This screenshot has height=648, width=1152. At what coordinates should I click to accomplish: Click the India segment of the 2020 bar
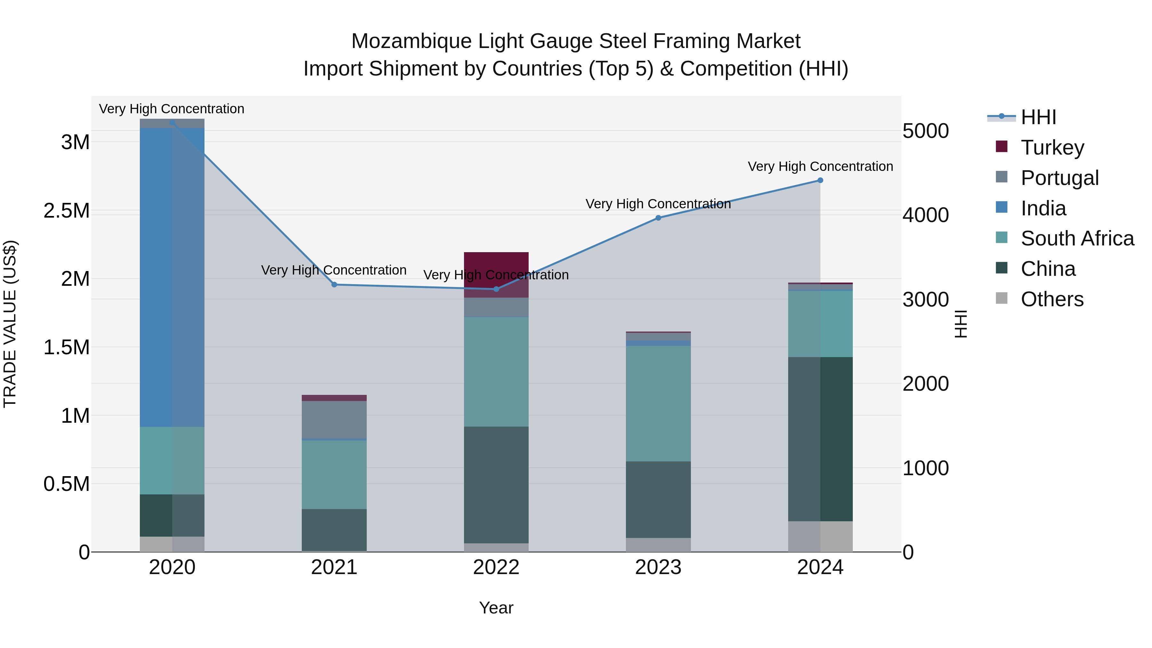point(172,277)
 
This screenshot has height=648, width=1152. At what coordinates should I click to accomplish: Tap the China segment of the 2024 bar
point(820,439)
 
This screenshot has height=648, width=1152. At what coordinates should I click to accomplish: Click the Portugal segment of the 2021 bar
point(334,420)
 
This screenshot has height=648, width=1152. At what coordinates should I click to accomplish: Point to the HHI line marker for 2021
point(334,284)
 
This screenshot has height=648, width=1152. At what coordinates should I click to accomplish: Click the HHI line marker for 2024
point(820,180)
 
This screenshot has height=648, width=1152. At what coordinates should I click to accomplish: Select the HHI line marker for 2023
point(658,218)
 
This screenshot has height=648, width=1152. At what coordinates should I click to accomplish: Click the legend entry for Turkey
point(1052,147)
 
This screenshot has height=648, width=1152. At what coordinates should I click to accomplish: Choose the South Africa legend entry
point(1077,238)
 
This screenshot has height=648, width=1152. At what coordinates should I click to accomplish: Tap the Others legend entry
point(1052,299)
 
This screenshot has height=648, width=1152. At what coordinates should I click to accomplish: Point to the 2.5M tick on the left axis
point(66,211)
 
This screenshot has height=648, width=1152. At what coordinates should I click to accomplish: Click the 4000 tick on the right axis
point(925,215)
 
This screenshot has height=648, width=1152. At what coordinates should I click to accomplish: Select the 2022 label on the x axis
point(496,567)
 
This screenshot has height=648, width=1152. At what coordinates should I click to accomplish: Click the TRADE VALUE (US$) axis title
point(10,324)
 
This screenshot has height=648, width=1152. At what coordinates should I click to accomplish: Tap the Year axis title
point(496,608)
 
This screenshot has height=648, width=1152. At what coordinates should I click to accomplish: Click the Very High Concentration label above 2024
point(820,166)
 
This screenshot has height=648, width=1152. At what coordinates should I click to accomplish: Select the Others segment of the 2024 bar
point(820,536)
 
